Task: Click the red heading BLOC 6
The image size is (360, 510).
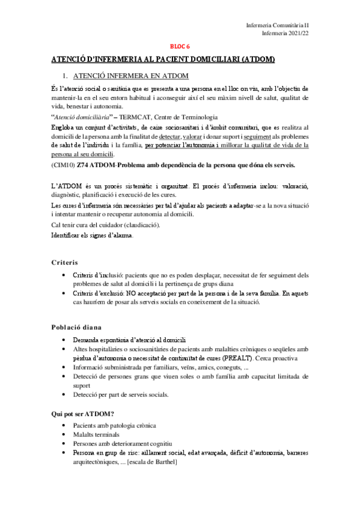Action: [180, 46]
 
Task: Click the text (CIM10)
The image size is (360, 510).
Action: [63, 165]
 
